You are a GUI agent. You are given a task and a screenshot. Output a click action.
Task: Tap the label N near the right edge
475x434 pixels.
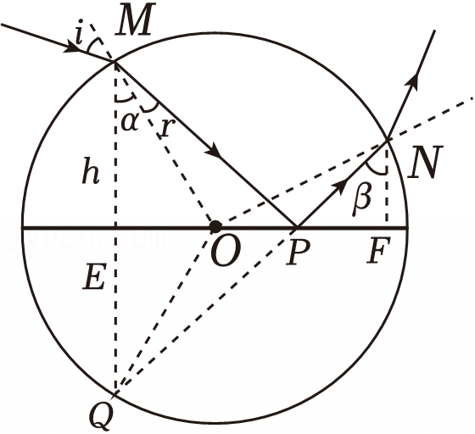point(425,162)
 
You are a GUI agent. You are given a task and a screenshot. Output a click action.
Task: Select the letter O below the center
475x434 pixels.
point(226,250)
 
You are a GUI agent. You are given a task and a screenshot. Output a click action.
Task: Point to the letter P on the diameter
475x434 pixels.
point(298,251)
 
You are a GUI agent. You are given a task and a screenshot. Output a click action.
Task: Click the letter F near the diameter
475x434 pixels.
point(378,250)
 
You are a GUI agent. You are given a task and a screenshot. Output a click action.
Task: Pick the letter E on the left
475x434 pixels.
point(94,276)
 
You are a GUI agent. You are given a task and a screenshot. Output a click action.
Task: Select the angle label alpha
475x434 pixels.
point(130,123)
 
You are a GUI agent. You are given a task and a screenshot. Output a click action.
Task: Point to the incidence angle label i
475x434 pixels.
point(80,31)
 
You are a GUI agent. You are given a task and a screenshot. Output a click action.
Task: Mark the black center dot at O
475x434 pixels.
point(215,226)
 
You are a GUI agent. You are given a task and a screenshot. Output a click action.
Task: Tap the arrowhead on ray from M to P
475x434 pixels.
point(213,149)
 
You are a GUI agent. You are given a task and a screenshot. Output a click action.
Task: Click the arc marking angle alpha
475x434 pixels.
point(126,98)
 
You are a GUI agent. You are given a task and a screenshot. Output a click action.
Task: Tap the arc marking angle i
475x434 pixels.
point(92,45)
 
